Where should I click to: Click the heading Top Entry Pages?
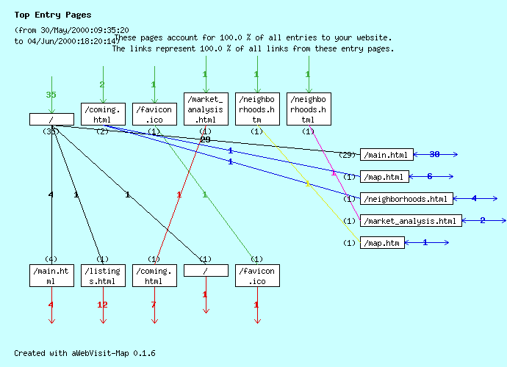pos(53,15)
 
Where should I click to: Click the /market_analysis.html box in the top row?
pos(206,109)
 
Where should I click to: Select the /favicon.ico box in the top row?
pos(154,114)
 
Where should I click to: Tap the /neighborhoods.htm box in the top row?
pos(257,109)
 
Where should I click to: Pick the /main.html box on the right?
pos(386,154)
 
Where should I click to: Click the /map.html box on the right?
pos(383,176)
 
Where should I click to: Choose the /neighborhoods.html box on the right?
pos(406,198)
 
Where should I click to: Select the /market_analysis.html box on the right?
pos(410,220)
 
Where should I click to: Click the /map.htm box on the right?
pos(382,242)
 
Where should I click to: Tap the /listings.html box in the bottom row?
pos(103,275)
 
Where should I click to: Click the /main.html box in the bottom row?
pos(51,275)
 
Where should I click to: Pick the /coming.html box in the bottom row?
pos(154,275)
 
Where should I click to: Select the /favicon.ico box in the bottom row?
pos(257,275)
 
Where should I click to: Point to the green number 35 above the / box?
pos(51,95)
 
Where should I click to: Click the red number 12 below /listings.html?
pos(103,305)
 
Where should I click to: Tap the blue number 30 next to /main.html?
pos(434,154)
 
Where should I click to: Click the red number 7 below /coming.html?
pos(154,305)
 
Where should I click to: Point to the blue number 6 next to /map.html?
pos(430,176)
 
